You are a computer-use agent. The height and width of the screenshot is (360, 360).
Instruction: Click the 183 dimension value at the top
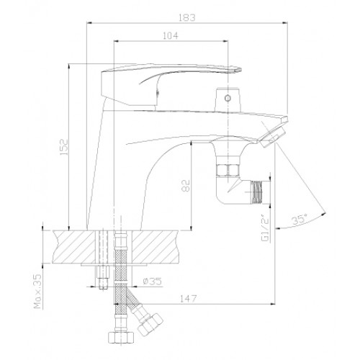click(187, 17)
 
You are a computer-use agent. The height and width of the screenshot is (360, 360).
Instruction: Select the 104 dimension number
click(171, 36)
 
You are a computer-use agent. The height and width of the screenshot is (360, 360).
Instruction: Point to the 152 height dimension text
click(64, 147)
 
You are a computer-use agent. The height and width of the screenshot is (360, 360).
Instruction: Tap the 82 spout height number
click(186, 186)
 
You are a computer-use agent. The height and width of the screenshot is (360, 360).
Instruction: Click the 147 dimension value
click(188, 299)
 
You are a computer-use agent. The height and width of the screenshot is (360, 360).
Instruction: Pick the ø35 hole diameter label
click(152, 282)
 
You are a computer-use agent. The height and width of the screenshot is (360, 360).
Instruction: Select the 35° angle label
click(300, 220)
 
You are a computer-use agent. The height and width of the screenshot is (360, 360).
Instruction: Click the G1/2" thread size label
click(266, 230)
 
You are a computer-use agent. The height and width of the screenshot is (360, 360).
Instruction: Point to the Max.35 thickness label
click(37, 292)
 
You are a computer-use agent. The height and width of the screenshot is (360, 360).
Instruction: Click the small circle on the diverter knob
click(228, 98)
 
